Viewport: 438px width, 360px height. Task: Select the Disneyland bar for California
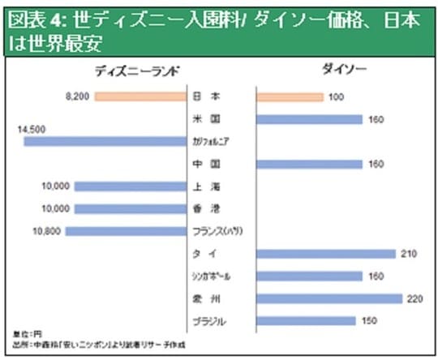105,141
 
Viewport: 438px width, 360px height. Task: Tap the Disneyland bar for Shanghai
131,186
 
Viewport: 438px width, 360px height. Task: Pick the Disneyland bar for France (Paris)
126,231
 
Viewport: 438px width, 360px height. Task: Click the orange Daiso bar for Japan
289,97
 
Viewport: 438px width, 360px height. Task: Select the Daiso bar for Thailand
325,254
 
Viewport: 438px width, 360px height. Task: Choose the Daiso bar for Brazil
306,320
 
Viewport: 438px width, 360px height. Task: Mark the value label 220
414,298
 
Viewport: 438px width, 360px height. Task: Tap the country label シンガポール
213,276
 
